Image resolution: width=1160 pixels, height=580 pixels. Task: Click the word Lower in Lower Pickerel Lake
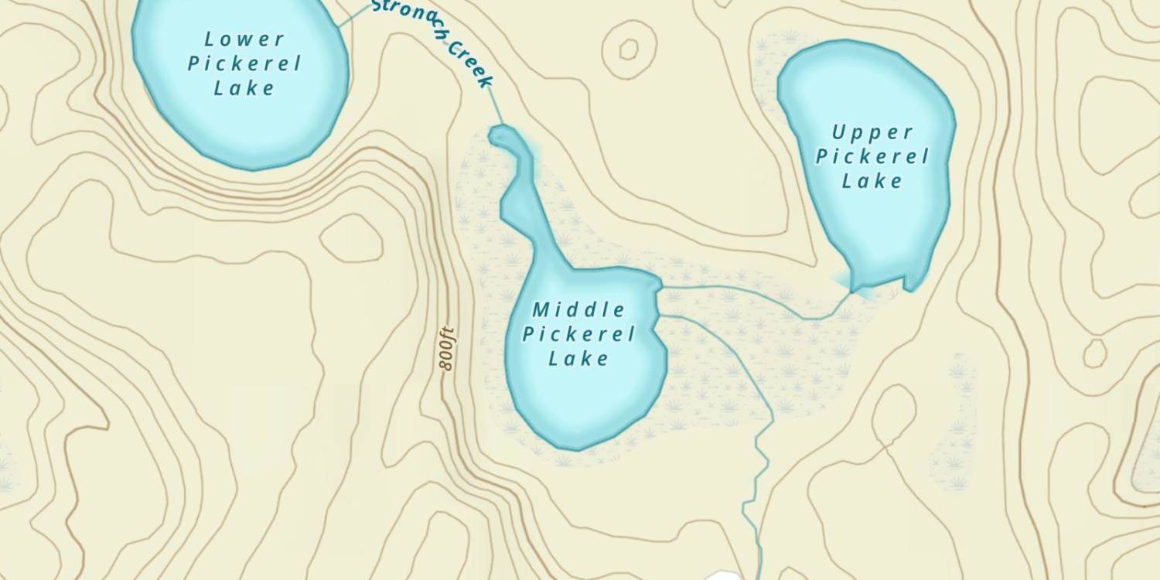234,39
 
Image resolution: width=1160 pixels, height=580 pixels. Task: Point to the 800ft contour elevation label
445,350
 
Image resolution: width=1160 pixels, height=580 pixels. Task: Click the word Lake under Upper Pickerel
872,182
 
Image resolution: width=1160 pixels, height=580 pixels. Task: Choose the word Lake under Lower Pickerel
244,87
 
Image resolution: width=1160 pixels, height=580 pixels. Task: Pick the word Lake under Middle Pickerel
578,359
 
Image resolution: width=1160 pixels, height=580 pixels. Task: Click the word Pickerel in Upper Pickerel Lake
872,157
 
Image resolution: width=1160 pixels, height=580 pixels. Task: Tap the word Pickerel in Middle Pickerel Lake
578,334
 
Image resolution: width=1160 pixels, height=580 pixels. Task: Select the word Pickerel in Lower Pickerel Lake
244,63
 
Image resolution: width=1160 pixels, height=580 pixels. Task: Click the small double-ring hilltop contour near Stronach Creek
628,49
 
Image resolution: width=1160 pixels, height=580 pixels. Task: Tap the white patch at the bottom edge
723,575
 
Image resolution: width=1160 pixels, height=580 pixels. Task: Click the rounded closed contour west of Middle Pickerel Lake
352,238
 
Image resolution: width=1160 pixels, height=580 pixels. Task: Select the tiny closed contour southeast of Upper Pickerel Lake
1094,353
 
